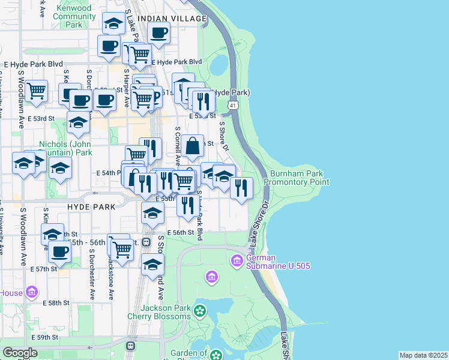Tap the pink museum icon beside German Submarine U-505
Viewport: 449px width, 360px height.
(x=237, y=260)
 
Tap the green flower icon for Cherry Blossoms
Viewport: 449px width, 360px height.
(x=199, y=311)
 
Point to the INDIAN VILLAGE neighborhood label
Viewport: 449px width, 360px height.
(x=172, y=19)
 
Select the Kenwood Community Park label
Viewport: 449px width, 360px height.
(x=75, y=17)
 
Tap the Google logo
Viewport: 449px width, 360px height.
(x=20, y=353)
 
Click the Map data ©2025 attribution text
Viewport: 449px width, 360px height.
(x=423, y=355)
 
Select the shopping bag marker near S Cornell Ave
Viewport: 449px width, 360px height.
(x=193, y=146)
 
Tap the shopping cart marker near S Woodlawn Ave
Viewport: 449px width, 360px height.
(x=36, y=91)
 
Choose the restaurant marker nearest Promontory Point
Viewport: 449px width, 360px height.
(x=241, y=187)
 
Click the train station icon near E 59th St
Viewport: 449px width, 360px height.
(x=130, y=346)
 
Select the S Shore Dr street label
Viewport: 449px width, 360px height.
(x=224, y=137)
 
